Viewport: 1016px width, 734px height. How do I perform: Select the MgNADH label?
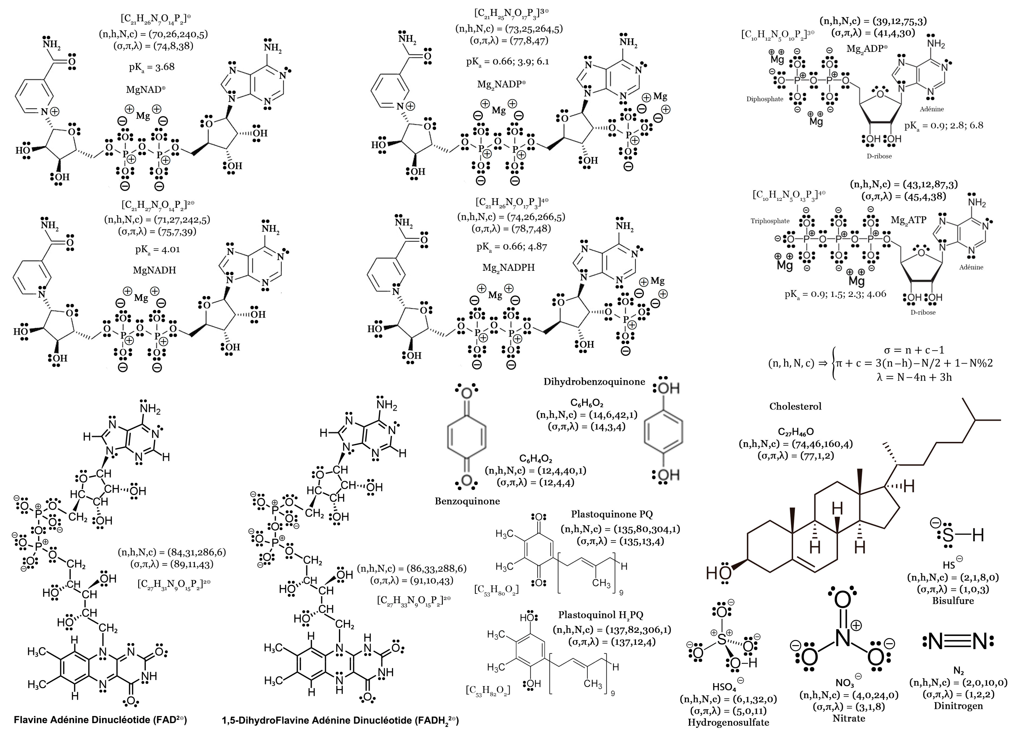154,270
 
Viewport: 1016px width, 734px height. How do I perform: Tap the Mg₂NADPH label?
509,267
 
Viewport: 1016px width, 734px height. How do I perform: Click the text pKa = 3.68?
152,67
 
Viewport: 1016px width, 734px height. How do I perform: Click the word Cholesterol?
795,407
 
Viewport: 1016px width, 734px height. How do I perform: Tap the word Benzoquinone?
467,501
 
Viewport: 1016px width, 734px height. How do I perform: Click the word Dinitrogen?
958,706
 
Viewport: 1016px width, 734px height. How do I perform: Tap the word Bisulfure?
953,601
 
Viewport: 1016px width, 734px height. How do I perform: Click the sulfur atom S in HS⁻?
948,535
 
